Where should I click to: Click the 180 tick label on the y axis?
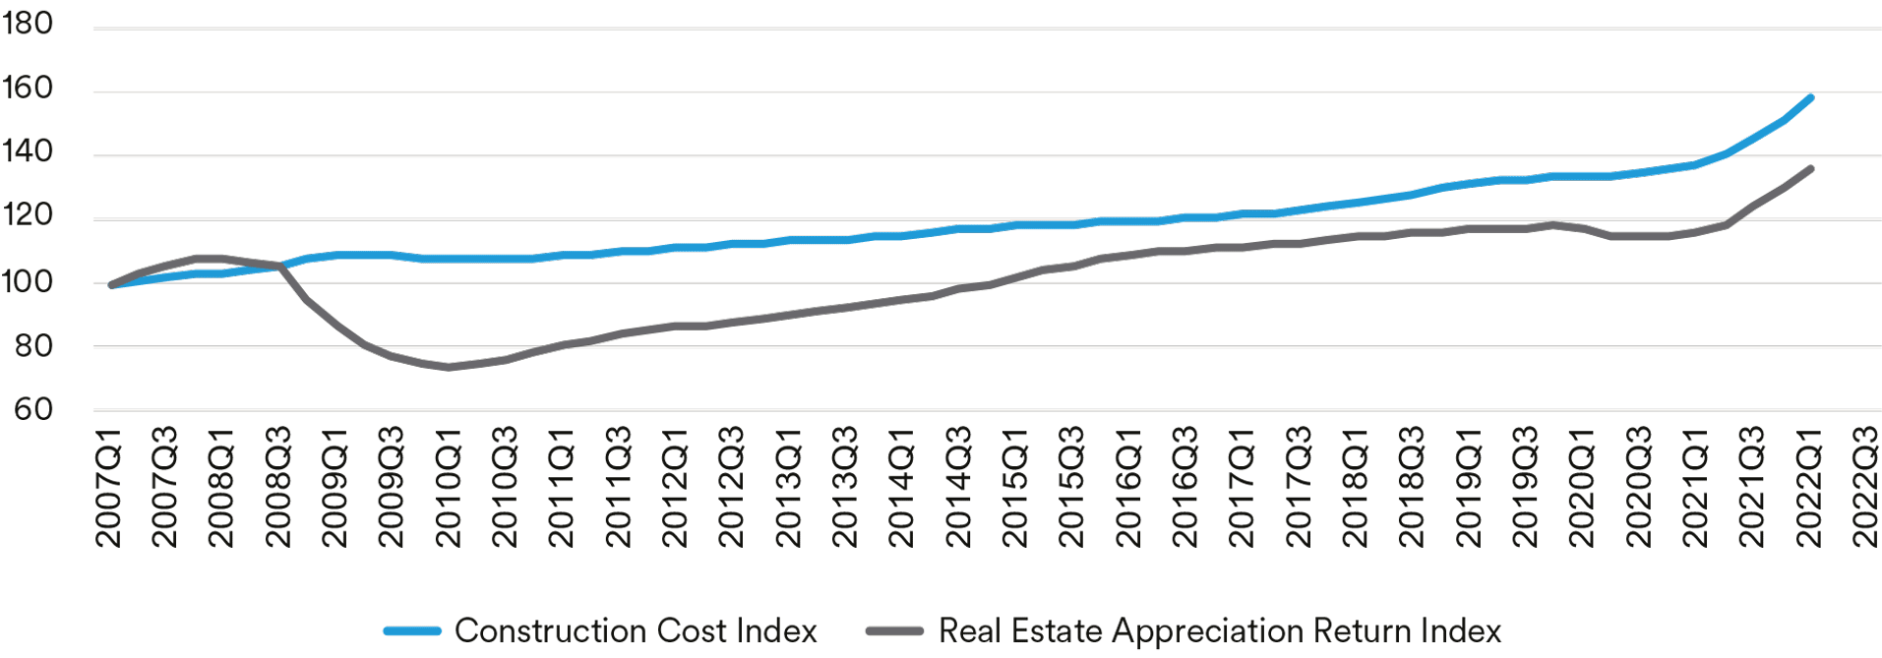click(x=27, y=24)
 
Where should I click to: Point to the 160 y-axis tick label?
click(x=27, y=89)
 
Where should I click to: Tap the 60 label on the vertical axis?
click(x=32, y=409)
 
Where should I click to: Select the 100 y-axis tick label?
click(x=27, y=282)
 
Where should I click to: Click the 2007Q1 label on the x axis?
click(x=108, y=487)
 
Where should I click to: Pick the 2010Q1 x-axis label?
click(x=449, y=487)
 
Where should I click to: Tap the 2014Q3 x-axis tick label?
click(x=958, y=487)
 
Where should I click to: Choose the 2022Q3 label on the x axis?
click(x=1865, y=487)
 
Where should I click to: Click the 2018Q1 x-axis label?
click(x=1356, y=487)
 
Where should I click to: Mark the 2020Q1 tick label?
click(x=1582, y=487)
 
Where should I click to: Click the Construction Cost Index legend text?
click(x=636, y=630)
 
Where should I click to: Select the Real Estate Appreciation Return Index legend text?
click(x=1220, y=630)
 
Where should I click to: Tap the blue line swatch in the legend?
click(x=412, y=631)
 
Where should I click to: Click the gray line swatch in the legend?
click(x=894, y=631)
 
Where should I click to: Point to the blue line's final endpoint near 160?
click(x=1810, y=97)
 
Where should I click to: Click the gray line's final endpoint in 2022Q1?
click(x=1810, y=168)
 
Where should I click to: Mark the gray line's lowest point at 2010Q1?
click(x=449, y=367)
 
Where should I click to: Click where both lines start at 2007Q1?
click(x=110, y=284)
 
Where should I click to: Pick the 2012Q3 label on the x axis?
click(x=732, y=487)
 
